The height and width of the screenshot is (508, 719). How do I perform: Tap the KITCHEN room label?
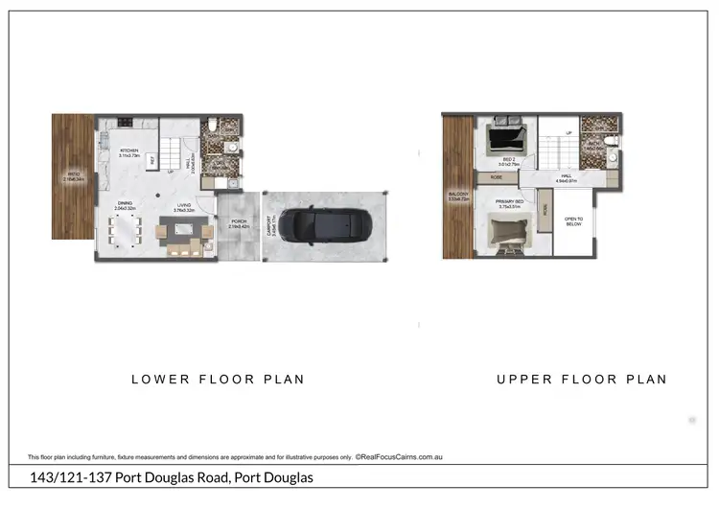point(129,151)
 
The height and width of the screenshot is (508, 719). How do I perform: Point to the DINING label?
point(126,203)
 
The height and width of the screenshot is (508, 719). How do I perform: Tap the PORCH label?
point(238,223)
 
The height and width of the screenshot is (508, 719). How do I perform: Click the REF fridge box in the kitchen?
point(151,161)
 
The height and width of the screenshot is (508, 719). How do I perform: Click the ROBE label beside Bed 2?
point(497,177)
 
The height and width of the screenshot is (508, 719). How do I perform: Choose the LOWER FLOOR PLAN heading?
point(218,380)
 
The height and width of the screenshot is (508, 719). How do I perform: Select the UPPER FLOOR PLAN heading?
point(581,380)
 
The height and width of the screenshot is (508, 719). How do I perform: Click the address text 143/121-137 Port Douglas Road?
point(170,477)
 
